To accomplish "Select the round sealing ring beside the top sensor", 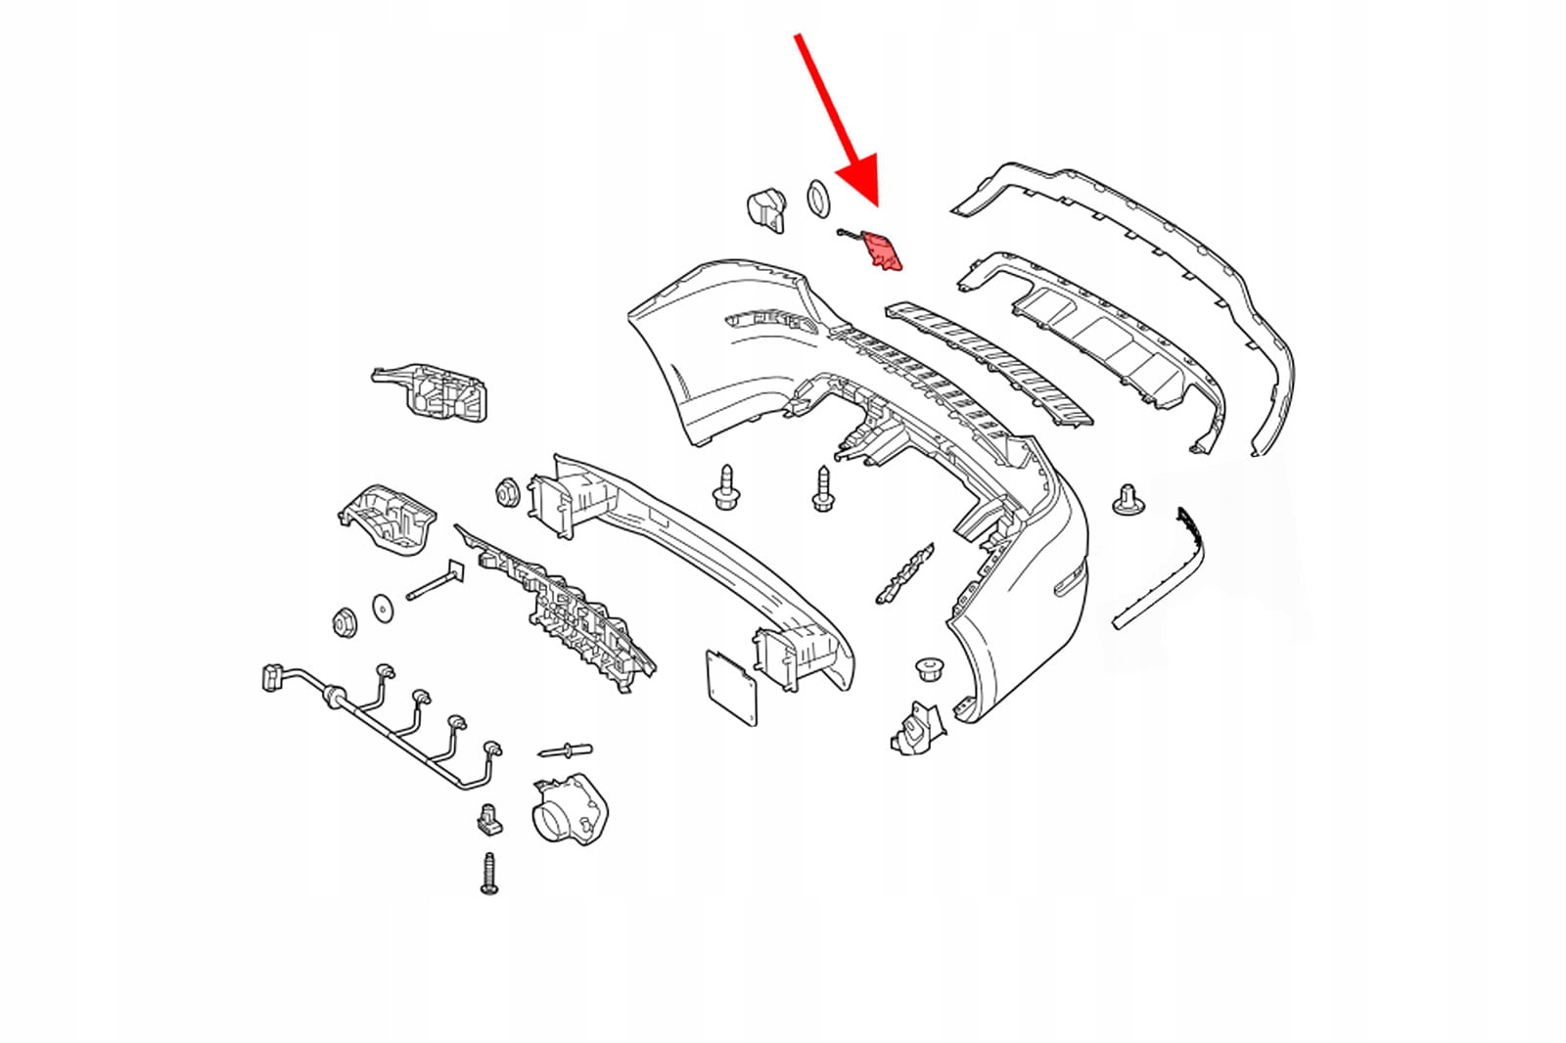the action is click(x=819, y=200).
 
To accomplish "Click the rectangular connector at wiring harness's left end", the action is click(x=272, y=677).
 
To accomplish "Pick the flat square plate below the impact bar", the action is click(x=731, y=689).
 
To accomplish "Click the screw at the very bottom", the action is click(x=489, y=873).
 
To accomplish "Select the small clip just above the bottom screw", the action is click(x=490, y=819).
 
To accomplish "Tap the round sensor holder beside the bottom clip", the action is click(x=569, y=808).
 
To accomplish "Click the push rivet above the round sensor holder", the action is click(x=565, y=751).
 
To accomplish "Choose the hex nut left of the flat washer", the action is click(x=344, y=621).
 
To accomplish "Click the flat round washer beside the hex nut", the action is click(x=382, y=609).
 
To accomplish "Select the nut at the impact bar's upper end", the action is click(x=507, y=492).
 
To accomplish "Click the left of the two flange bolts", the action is click(x=725, y=487).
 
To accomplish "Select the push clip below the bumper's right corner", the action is click(x=929, y=669).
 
